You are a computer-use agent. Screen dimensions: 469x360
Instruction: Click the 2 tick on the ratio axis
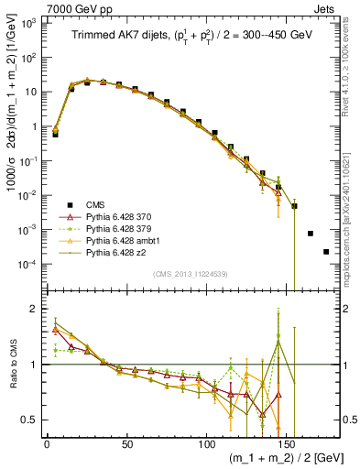click(x=35, y=309)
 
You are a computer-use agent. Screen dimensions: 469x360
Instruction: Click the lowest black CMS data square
click(x=326, y=251)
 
